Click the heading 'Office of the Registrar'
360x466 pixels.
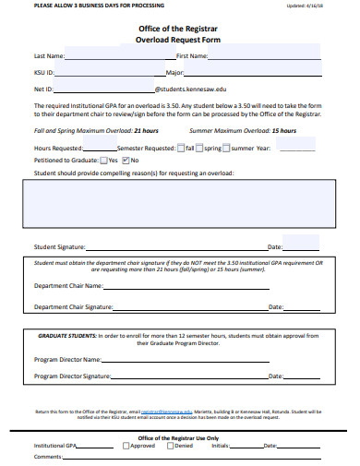[x=179, y=29]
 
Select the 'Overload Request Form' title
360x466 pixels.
[x=179, y=41]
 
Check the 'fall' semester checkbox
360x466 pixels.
[x=187, y=148]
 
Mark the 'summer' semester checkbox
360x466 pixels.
[x=228, y=148]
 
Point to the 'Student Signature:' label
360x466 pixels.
[x=59, y=247]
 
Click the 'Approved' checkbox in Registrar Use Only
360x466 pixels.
[x=126, y=446]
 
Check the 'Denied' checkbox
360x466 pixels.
[x=170, y=446]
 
